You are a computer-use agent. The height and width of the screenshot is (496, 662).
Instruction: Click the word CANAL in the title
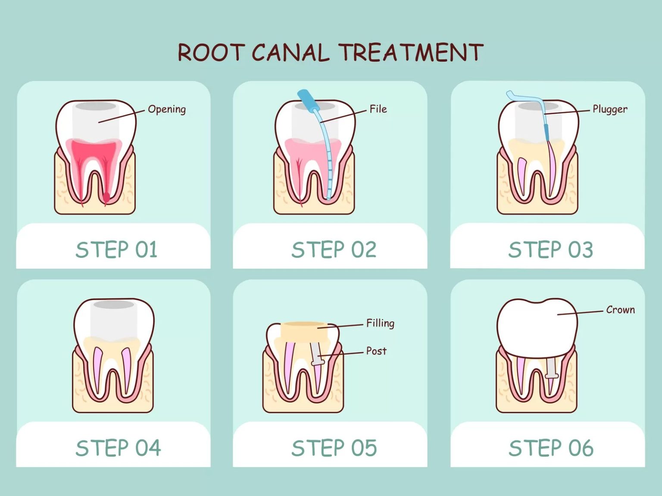tap(290, 53)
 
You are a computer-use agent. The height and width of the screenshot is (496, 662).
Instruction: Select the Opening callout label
tap(167, 109)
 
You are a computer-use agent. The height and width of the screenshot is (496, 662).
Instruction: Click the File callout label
tap(378, 109)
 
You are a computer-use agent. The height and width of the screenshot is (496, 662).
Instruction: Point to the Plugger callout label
tap(609, 109)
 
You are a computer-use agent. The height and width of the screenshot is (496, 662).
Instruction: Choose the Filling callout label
tap(380, 323)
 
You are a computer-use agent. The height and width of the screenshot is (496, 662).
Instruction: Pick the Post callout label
tap(376, 351)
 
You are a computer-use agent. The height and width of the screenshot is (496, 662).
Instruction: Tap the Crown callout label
tap(620, 310)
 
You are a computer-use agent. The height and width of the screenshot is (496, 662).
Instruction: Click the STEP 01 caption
tap(116, 250)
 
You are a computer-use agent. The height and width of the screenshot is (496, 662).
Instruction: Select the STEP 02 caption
tap(334, 250)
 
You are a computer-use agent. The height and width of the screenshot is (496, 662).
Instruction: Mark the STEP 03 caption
tap(551, 250)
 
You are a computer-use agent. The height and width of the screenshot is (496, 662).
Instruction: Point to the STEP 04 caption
tap(118, 448)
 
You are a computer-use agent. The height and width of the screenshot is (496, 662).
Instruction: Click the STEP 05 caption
tap(334, 448)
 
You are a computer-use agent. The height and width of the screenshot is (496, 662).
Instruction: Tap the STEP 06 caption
tap(551, 448)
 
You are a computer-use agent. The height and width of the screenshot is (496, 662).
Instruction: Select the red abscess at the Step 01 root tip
tap(106, 197)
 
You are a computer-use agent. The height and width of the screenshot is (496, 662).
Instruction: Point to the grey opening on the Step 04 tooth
tap(114, 305)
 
